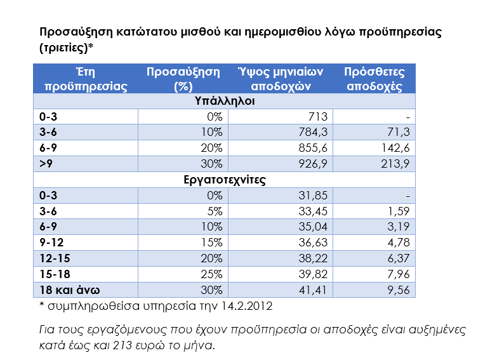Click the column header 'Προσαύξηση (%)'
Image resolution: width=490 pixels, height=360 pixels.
click(x=183, y=79)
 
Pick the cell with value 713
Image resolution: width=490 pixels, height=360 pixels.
click(x=317, y=117)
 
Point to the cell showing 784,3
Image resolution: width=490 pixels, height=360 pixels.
click(x=314, y=133)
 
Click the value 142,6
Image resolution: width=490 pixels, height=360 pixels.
click(x=397, y=148)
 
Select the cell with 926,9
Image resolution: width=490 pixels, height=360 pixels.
click(x=314, y=164)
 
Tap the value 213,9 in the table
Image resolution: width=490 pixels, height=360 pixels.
click(x=397, y=164)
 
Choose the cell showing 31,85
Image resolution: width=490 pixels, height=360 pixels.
click(x=314, y=196)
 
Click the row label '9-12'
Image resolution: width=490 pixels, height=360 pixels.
click(x=51, y=243)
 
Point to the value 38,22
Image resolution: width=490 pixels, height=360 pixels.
click(x=314, y=258)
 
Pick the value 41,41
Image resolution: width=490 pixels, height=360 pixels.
click(x=314, y=290)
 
